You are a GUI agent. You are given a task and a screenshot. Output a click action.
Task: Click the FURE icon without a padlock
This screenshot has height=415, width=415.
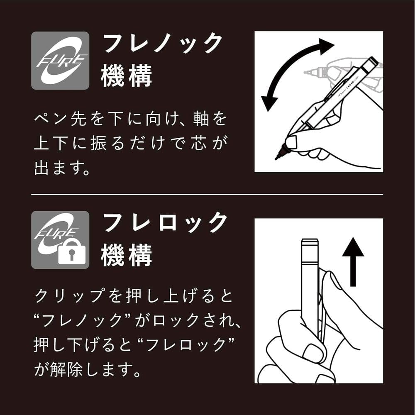(x=60, y=61)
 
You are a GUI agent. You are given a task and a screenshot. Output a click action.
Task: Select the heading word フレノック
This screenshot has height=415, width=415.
(x=163, y=43)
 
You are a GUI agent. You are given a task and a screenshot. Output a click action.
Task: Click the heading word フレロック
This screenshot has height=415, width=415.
(x=165, y=222)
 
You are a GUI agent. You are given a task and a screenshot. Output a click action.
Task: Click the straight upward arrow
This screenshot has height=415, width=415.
(x=353, y=262)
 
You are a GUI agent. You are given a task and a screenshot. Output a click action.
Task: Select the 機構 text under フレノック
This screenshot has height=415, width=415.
(x=126, y=76)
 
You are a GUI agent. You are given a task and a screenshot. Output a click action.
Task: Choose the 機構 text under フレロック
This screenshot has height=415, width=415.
(x=126, y=255)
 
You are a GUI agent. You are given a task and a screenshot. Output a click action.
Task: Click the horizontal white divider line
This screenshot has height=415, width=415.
(x=207, y=195)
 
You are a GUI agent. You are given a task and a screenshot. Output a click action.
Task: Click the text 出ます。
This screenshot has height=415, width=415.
(x=63, y=168)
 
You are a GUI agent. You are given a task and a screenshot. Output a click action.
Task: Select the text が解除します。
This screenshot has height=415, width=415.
(x=88, y=369)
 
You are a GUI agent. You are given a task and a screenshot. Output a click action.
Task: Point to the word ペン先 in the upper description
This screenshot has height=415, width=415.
(x=61, y=119)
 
